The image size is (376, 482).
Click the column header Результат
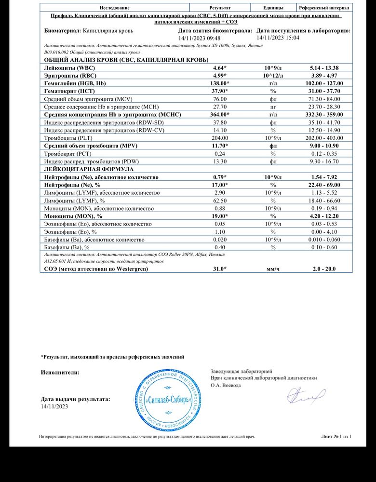pos(220,8)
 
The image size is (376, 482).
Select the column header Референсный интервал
pos(323,8)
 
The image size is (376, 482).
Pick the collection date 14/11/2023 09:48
pos(200,38)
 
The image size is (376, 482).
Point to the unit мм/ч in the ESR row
pos(273,269)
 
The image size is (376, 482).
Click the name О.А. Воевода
pos(226,386)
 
